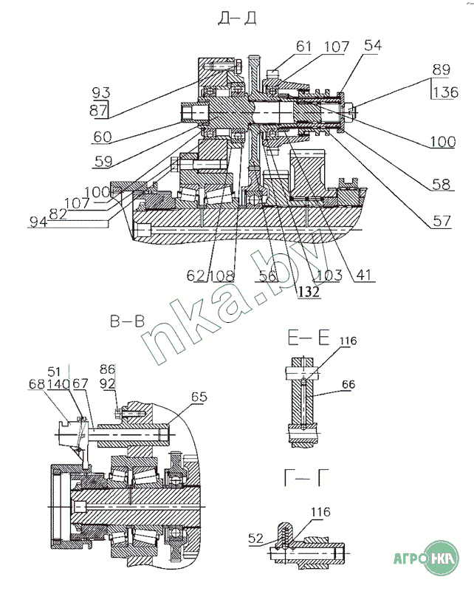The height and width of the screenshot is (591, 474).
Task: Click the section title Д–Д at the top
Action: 238,18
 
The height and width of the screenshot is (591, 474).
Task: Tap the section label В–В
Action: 127,321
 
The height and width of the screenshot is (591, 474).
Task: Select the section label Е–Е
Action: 309,338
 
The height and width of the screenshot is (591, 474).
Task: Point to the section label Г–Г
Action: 306,477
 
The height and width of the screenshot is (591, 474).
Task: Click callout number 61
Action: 303,47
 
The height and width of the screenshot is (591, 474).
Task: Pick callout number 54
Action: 373,45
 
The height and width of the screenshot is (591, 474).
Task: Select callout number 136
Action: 445,92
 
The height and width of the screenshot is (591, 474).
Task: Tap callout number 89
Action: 442,69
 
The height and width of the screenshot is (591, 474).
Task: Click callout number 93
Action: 101,92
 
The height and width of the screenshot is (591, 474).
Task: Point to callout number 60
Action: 103,137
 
